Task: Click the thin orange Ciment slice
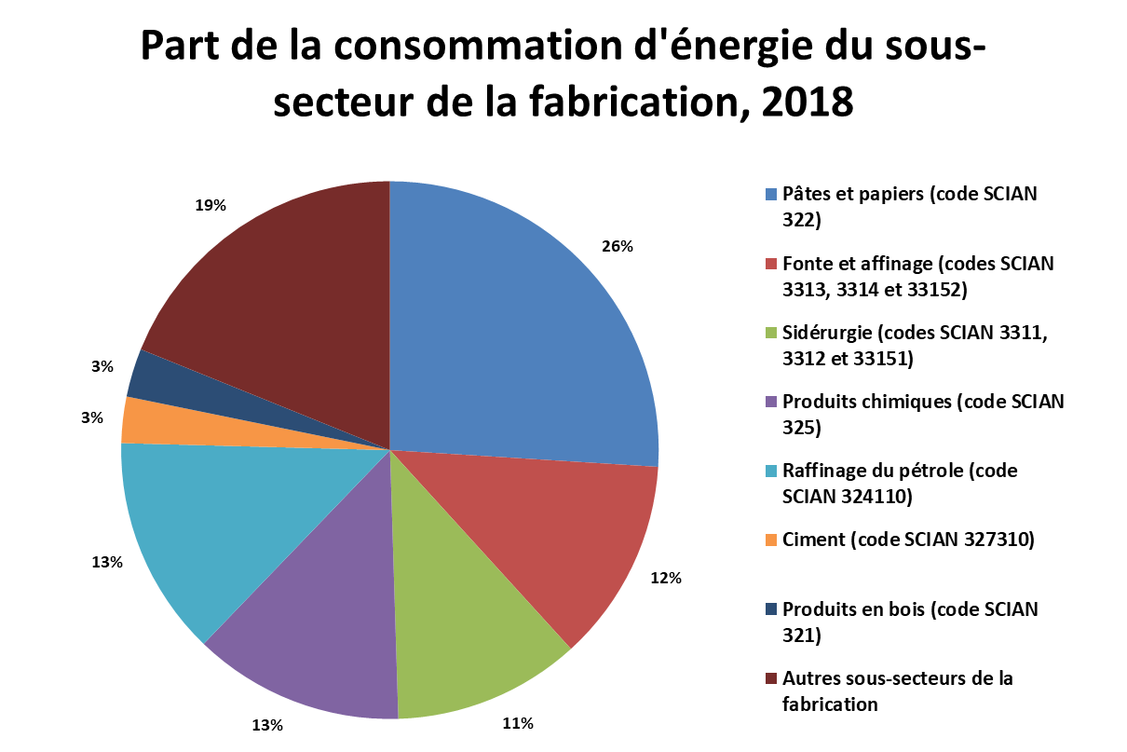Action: [x=201, y=428]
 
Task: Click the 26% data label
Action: [x=618, y=246]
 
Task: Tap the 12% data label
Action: [x=666, y=579]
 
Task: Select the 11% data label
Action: [x=518, y=723]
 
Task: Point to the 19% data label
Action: [x=210, y=205]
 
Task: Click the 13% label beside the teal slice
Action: [x=107, y=562]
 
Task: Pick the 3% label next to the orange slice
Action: [x=92, y=417]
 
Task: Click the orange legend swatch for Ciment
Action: [x=771, y=540]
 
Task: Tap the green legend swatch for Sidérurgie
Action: [x=771, y=334]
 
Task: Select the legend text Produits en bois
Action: [x=853, y=609]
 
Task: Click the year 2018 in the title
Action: [x=808, y=103]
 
